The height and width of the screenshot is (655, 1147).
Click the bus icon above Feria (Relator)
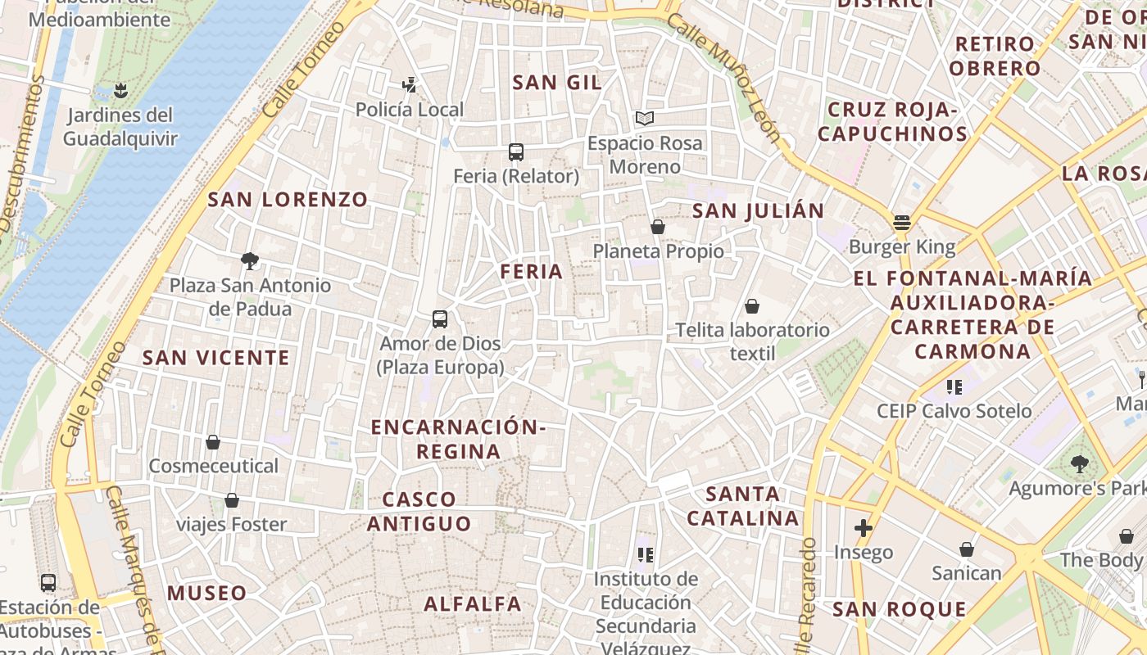[515, 151]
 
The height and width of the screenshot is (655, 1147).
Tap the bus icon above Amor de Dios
[440, 319]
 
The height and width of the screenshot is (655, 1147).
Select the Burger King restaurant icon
[902, 222]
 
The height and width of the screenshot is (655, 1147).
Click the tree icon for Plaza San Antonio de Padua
[250, 261]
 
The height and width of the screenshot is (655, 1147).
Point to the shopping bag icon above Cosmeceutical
[213, 442]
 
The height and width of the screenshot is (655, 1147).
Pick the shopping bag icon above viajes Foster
[232, 500]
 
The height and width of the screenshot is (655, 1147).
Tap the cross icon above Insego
[863, 528]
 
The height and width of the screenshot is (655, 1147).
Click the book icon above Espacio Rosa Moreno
[645, 119]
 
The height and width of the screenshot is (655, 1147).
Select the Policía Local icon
[409, 84]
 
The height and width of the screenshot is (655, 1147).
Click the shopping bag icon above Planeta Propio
[658, 227]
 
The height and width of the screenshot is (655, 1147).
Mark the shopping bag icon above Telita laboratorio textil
[752, 306]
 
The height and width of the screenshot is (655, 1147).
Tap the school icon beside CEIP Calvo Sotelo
[954, 386]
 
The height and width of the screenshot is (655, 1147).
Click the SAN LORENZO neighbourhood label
[288, 200]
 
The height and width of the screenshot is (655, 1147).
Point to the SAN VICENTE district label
[216, 358]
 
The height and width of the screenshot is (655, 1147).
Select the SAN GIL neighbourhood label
[557, 83]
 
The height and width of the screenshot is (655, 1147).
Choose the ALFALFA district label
[473, 604]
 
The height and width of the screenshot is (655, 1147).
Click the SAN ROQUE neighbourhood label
[900, 609]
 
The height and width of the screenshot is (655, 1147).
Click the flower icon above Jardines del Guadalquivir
[121, 89]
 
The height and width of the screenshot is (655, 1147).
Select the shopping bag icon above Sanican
[967, 549]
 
